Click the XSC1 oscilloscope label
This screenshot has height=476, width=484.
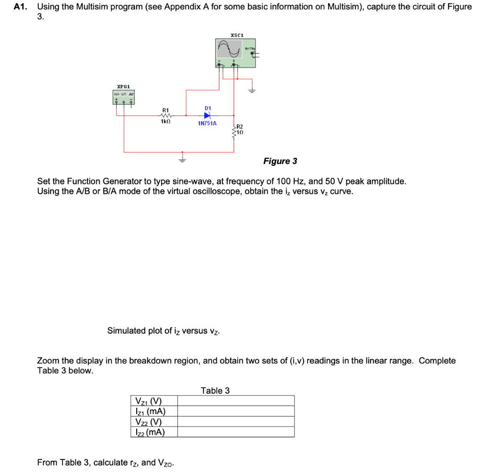(236, 35)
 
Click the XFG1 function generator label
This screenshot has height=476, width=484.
(123, 87)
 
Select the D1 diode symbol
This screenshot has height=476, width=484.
(207, 115)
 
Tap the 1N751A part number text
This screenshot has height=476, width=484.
(207, 123)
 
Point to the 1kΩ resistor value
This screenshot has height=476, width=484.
(165, 121)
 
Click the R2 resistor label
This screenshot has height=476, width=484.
(239, 126)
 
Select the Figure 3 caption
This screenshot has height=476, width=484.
(280, 161)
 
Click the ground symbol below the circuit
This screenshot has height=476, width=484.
(182, 159)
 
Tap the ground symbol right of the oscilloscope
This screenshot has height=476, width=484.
(252, 90)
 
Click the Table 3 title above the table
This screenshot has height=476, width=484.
(215, 390)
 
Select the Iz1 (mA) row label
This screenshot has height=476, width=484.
(150, 411)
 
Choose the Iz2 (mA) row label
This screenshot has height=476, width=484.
(150, 432)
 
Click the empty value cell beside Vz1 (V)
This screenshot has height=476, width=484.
(235, 401)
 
